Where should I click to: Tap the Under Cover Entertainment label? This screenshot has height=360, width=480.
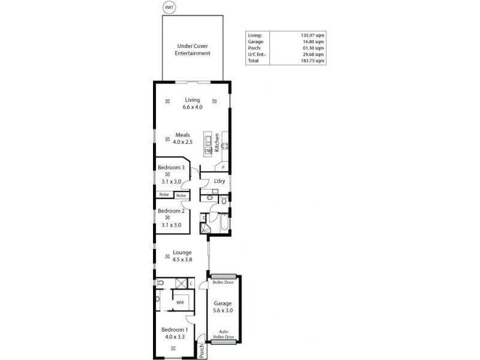click(192, 49)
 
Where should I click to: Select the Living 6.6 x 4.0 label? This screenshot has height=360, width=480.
click(192, 103)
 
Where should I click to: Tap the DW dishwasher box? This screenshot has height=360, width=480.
click(208, 151)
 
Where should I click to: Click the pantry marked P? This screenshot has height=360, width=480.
click(223, 167)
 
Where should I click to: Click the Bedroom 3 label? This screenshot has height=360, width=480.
click(172, 167)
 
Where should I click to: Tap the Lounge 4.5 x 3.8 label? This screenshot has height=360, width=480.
click(182, 256)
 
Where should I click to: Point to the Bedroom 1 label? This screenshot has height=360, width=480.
click(173, 329)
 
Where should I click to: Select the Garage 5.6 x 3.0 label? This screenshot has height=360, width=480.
click(223, 307)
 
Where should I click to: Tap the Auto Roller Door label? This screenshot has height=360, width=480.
click(223, 334)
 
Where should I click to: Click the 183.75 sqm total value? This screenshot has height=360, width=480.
click(311, 61)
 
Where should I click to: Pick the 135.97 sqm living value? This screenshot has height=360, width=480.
click(311, 35)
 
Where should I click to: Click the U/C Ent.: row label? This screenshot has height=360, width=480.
click(257, 55)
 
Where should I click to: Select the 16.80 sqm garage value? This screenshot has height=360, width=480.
click(312, 41)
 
